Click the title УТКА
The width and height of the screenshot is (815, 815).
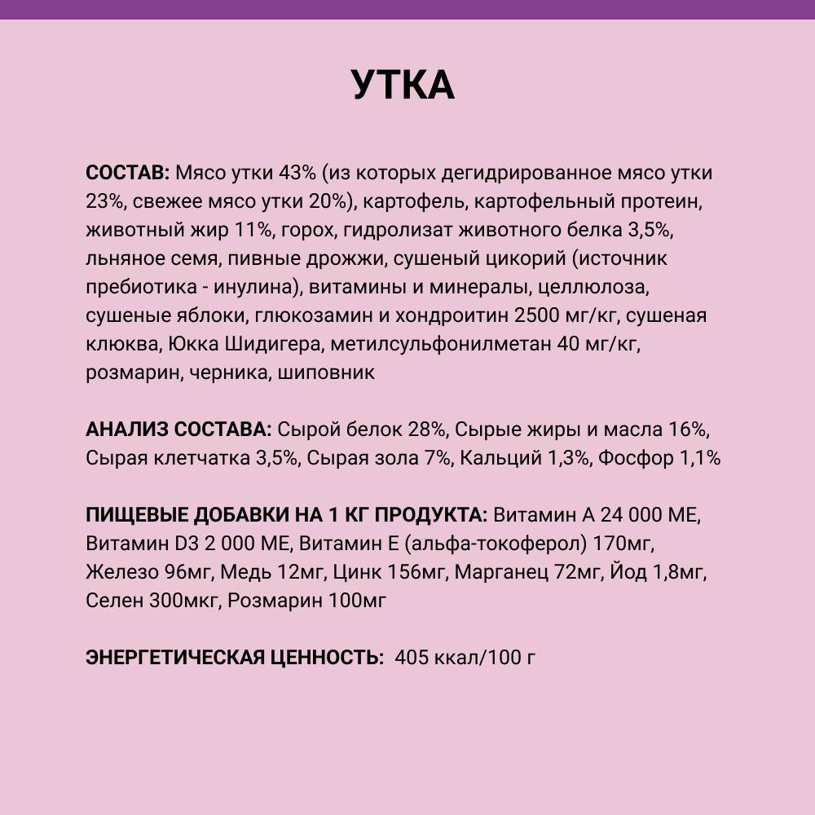[403, 86]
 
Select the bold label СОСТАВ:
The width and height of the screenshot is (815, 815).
[127, 174]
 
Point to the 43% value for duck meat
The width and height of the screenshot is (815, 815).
[298, 174]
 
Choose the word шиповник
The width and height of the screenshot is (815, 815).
[326, 373]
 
